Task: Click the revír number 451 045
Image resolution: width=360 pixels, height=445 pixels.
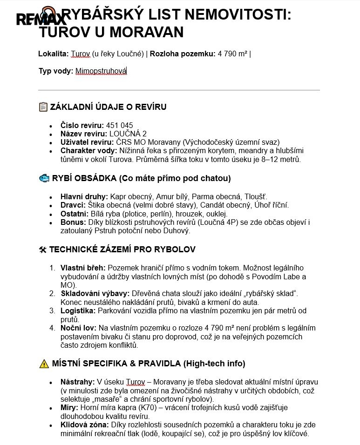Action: click(x=119, y=125)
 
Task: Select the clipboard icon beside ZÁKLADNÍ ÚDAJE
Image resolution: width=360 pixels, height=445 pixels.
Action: click(x=43, y=107)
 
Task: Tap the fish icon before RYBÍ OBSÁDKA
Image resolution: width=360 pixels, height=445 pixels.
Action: click(x=43, y=178)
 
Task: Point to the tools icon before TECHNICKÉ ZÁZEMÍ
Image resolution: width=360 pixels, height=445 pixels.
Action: click(x=42, y=249)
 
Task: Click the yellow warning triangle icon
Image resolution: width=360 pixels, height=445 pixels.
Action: click(x=44, y=364)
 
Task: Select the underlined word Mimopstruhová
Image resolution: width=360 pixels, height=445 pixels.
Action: click(x=101, y=71)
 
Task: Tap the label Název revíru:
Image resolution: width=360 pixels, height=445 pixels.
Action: click(x=81, y=134)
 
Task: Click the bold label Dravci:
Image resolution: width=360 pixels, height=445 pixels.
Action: click(x=73, y=205)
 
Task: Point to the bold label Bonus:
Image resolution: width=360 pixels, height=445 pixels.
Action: click(x=73, y=222)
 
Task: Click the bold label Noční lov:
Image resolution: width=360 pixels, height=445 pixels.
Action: click(x=78, y=328)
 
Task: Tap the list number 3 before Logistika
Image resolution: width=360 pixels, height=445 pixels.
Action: click(x=52, y=310)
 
